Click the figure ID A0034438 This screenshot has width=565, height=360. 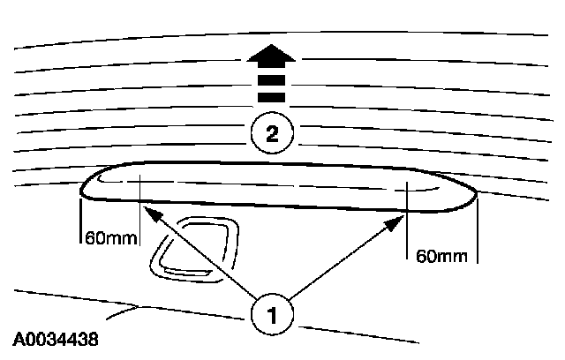pyautogui.click(x=56, y=338)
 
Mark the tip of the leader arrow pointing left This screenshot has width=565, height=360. pyautogui.click(x=147, y=209)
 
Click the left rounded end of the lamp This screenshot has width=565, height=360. pyautogui.click(x=85, y=185)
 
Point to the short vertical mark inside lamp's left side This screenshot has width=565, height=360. pyautogui.click(x=140, y=190)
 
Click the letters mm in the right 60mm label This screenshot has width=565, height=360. pyautogui.click(x=450, y=256)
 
